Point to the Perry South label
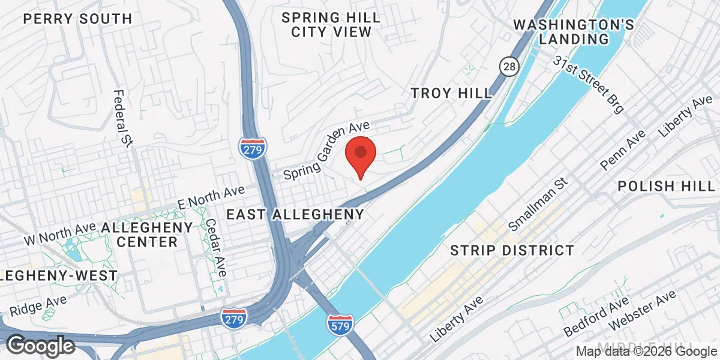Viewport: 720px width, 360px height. pos(77,19)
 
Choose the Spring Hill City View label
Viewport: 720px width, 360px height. pos(331,25)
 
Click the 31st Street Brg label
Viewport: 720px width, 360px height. pos(589,85)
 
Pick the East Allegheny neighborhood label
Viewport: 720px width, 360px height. pos(295,214)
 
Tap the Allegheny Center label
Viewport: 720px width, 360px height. pos(148,235)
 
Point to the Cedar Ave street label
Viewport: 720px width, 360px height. pos(216,247)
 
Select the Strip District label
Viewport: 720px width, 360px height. pos(511,250)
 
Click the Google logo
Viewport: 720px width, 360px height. pos(40,346)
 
